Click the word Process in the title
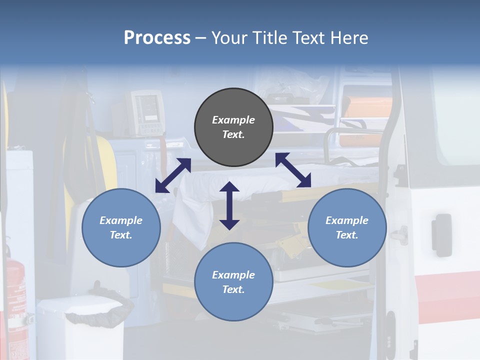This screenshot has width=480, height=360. pyautogui.click(x=157, y=38)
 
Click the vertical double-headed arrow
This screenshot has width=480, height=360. pyautogui.click(x=229, y=205)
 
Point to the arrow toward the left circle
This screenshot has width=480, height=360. pyautogui.click(x=173, y=175)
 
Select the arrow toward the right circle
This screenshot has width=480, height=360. pyautogui.click(x=293, y=170)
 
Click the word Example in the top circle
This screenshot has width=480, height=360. pyautogui.click(x=233, y=120)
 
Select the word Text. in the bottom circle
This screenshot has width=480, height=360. pyautogui.click(x=233, y=289)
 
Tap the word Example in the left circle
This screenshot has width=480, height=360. pyautogui.click(x=121, y=220)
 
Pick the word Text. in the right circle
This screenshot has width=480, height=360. pyautogui.click(x=347, y=235)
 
